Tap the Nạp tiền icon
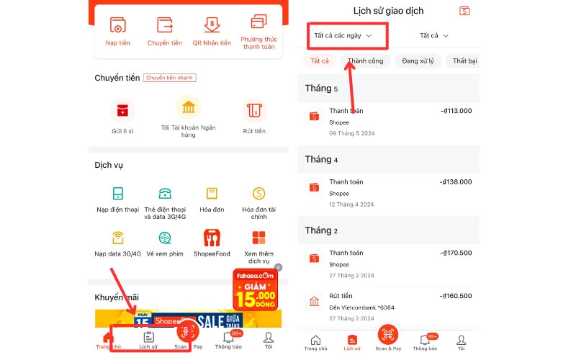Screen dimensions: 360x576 point(117,24)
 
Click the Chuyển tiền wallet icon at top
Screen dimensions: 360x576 point(165,24)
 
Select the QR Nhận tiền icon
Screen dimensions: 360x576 point(212,24)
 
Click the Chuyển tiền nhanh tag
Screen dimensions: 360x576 point(169,78)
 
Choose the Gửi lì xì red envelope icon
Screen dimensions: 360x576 point(122,111)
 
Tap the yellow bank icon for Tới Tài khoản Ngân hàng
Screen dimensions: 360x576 point(188,108)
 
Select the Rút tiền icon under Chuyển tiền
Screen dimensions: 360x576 point(254,111)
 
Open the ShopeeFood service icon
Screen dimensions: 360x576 point(211,237)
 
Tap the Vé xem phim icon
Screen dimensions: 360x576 point(166,237)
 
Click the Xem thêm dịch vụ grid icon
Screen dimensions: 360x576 point(258,237)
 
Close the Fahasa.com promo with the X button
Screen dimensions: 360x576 point(279,267)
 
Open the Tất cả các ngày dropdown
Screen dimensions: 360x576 point(343,35)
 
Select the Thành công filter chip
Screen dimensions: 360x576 point(365,61)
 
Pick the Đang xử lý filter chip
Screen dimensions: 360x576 point(418,61)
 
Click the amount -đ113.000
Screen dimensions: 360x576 point(456,111)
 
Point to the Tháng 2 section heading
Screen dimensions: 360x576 point(321,230)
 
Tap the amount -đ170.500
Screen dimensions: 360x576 point(456,253)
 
